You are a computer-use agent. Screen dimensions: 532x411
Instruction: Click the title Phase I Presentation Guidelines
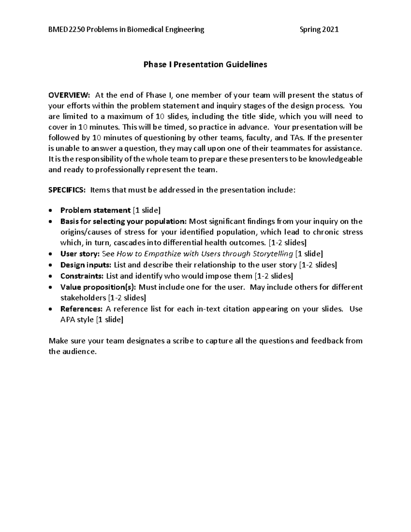205,64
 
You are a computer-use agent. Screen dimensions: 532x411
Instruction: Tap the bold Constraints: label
82,276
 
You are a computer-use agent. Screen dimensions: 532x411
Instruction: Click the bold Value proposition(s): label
98,287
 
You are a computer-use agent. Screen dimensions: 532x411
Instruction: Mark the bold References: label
81,309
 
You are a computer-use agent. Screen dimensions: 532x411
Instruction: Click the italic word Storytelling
273,254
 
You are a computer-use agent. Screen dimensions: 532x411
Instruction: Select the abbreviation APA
68,320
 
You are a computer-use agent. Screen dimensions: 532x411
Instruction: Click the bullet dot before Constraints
51,276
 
